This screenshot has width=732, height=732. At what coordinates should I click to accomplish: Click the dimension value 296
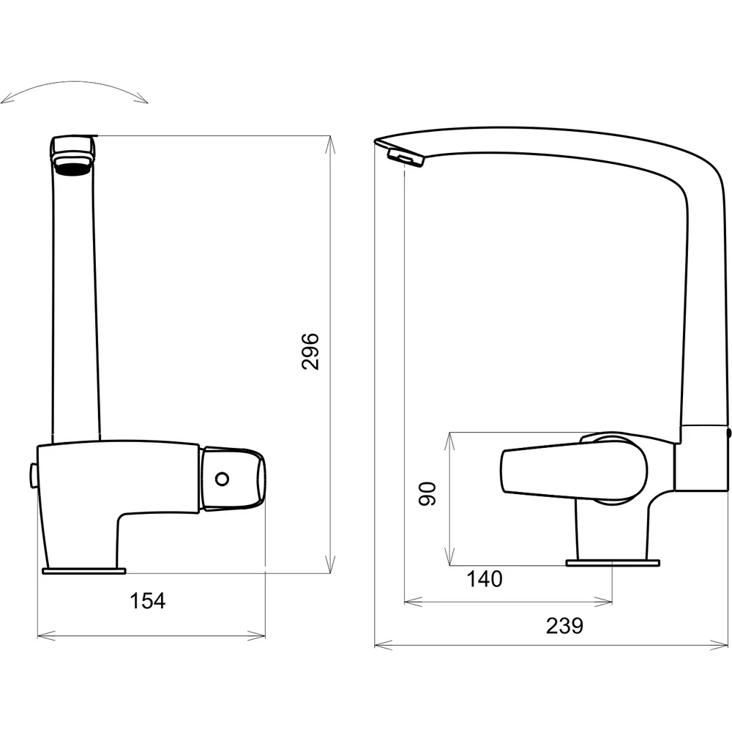(x=310, y=351)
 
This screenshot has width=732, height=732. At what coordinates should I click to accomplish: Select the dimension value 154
(x=148, y=601)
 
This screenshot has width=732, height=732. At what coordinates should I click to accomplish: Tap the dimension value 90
(x=427, y=494)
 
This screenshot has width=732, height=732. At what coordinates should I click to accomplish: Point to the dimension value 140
(x=485, y=579)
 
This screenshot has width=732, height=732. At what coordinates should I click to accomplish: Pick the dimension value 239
(x=564, y=626)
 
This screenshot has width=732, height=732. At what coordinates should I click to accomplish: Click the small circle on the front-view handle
(x=223, y=479)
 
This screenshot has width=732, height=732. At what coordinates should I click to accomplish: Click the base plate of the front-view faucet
(x=84, y=570)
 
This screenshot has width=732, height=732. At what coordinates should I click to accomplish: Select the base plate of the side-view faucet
(x=613, y=563)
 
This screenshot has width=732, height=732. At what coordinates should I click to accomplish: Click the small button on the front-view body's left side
(x=33, y=476)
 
